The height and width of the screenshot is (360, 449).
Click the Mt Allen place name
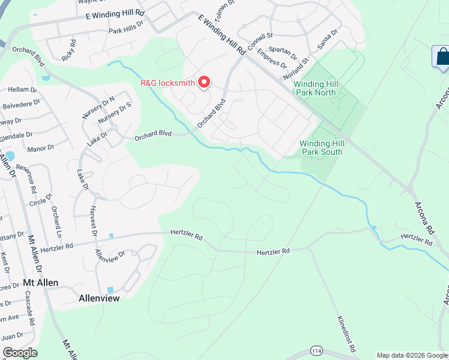(41, 283)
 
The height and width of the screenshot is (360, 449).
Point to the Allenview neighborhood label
(99, 298)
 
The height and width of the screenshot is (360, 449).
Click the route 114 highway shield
(316, 350)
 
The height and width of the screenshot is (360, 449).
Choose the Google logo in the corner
(20, 353)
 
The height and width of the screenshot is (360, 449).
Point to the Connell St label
(261, 41)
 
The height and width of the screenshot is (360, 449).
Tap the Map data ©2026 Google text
(411, 355)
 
